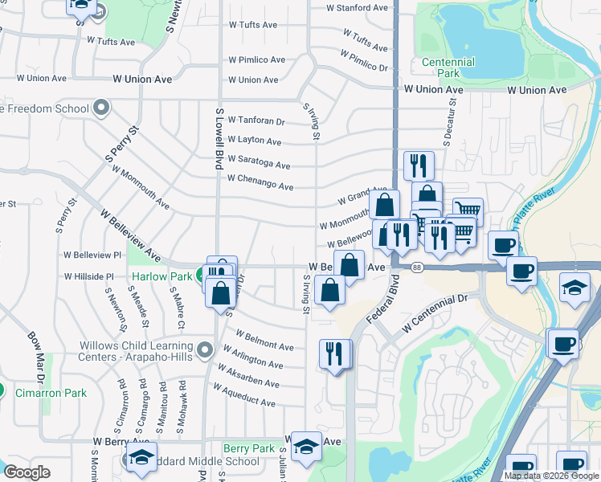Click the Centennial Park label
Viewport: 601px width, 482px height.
448,67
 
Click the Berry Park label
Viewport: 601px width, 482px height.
249,448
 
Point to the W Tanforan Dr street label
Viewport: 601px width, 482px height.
257,121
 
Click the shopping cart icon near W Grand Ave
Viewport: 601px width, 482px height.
468,211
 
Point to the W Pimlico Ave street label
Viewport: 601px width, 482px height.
256,60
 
